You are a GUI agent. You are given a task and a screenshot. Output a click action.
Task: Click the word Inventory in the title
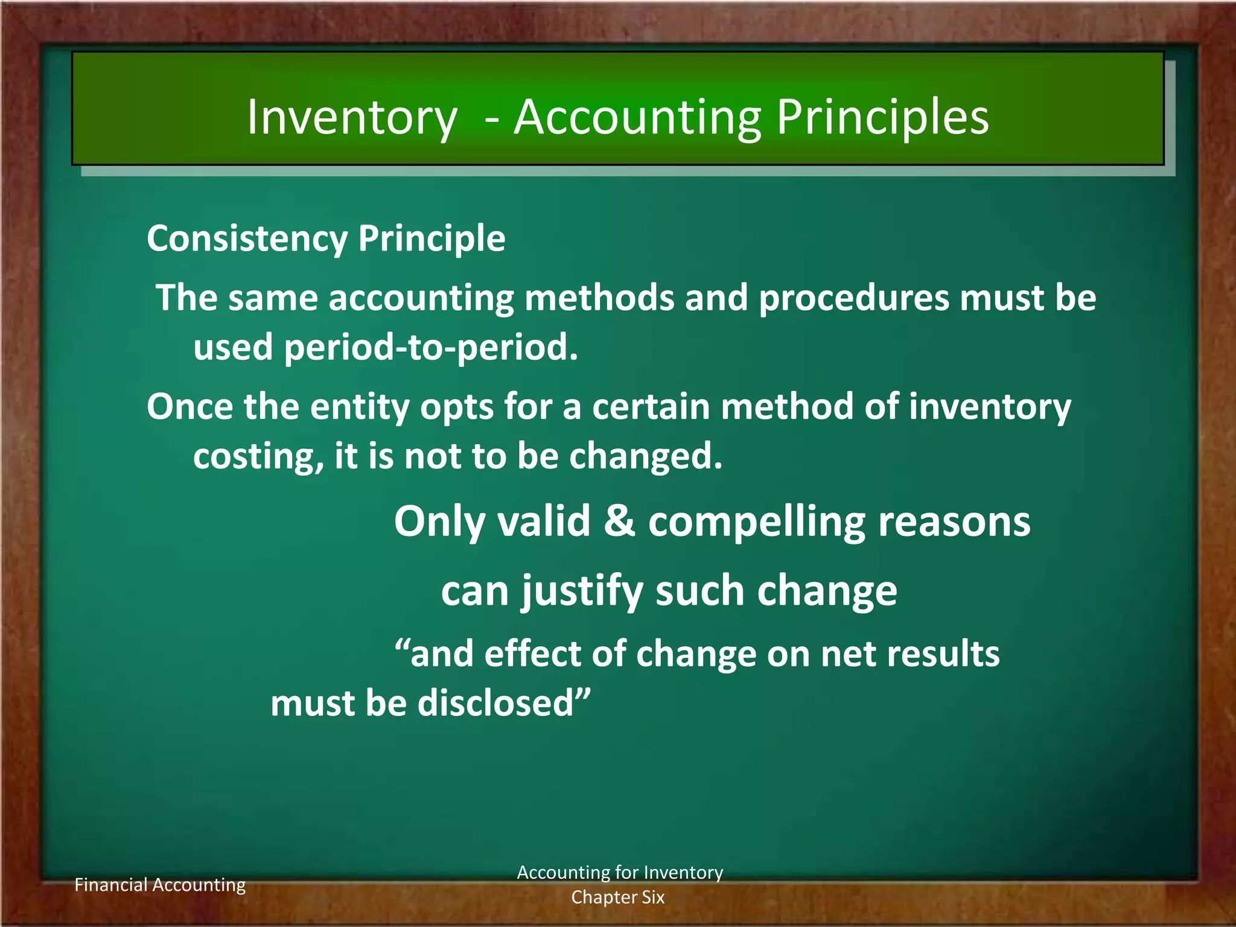coord(352,118)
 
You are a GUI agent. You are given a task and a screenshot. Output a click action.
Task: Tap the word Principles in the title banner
coord(882,118)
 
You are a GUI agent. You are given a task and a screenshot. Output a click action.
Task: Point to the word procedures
coord(853,299)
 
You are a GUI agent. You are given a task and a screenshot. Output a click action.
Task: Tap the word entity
coord(360,407)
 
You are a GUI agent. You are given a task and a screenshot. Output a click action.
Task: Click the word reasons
coord(954,522)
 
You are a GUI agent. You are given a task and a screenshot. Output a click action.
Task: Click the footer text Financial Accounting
coord(160,885)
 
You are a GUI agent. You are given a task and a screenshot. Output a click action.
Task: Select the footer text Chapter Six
coord(618,897)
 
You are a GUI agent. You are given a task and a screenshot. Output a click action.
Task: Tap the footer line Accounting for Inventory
coord(620,873)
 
